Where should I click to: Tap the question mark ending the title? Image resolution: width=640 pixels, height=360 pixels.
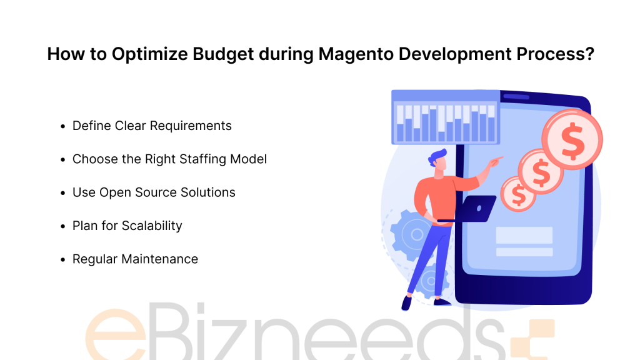click(589, 54)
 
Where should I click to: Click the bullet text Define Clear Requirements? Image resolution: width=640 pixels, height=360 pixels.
click(152, 126)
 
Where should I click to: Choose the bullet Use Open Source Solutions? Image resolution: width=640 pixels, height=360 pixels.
click(154, 192)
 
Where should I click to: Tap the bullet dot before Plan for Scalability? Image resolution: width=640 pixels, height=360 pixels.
click(63, 226)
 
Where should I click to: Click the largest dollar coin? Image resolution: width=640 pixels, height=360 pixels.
click(572, 139)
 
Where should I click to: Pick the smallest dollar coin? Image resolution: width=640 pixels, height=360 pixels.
click(518, 194)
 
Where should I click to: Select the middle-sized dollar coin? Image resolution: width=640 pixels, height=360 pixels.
click(541, 171)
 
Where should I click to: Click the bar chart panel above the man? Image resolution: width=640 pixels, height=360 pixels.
click(446, 117)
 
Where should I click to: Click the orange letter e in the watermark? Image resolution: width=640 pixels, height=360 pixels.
click(116, 335)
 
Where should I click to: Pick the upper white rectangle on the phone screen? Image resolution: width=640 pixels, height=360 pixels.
click(524, 235)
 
